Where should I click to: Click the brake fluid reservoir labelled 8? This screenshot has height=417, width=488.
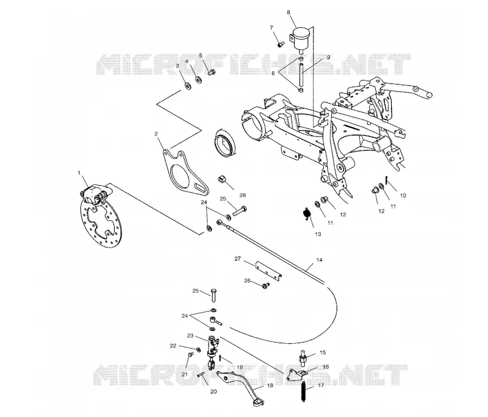[x=300, y=38]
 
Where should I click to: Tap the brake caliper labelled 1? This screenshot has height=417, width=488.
[x=95, y=194]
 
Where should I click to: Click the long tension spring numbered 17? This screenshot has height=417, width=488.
[x=303, y=392]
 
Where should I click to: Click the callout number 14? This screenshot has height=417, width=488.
[x=319, y=260]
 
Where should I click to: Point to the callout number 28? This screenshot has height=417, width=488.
[x=242, y=195]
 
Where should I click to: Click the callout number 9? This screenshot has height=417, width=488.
[x=328, y=57]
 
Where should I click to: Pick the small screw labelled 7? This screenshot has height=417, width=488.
[x=281, y=45]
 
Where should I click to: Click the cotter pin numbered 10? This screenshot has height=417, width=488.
[x=386, y=180]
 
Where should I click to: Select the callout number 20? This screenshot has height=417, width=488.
[x=213, y=391]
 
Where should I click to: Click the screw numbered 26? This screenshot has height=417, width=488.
[x=266, y=285]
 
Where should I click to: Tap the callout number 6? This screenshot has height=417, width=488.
[x=273, y=73]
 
